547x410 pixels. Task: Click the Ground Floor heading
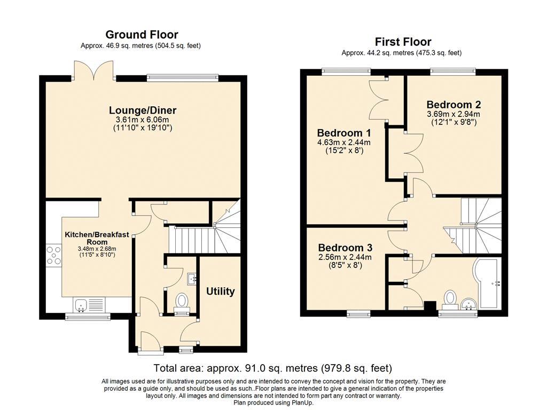click(142, 35)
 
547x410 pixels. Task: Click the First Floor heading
click(403, 42)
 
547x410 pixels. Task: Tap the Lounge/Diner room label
click(143, 110)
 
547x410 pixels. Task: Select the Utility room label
click(220, 291)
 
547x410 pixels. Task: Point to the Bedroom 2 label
click(454, 105)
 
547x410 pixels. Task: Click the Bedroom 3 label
click(345, 248)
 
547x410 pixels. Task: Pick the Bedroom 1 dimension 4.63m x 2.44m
click(343, 142)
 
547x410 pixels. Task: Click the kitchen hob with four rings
click(54, 255)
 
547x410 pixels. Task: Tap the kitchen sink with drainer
click(89, 305)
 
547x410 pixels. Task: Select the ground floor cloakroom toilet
click(182, 302)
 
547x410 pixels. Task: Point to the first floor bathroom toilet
click(451, 300)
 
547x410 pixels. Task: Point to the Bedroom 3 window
click(358, 314)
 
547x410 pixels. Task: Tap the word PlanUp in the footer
click(303, 403)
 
